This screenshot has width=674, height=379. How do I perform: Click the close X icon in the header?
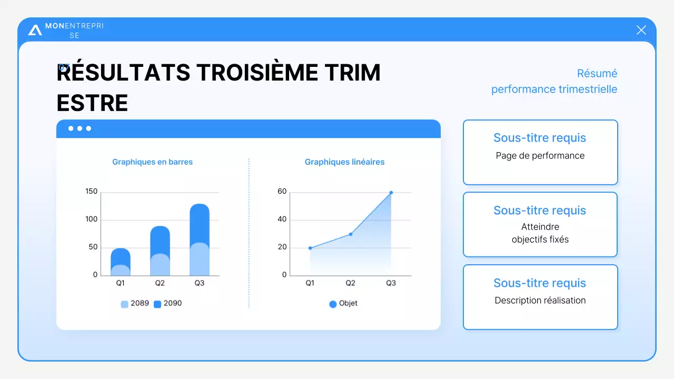pyautogui.click(x=641, y=30)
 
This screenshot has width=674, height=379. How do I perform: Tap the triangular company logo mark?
pyautogui.click(x=35, y=30)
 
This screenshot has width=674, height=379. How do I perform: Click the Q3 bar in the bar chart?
pyautogui.click(x=200, y=240)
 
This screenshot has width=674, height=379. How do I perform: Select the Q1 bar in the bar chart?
pyautogui.click(x=121, y=262)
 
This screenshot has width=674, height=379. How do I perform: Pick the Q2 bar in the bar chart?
pyautogui.click(x=160, y=251)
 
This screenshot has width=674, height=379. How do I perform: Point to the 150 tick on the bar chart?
pyautogui.click(x=92, y=192)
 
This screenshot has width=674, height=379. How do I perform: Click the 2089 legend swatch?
pyautogui.click(x=125, y=304)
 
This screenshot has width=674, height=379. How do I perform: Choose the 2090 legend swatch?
pyautogui.click(x=157, y=304)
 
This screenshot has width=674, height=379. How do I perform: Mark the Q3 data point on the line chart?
pyautogui.click(x=391, y=193)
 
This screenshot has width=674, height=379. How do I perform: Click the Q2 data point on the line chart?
pyautogui.click(x=351, y=234)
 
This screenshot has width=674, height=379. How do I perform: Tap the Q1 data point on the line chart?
pyautogui.click(x=310, y=248)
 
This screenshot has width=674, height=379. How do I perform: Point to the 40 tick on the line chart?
pyautogui.click(x=282, y=220)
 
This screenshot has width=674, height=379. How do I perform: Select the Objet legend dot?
pyautogui.click(x=333, y=304)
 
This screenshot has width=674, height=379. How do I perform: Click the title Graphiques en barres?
pyautogui.click(x=152, y=162)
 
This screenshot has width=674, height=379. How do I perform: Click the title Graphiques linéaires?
pyautogui.click(x=344, y=162)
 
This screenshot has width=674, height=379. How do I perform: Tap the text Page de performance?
pyautogui.click(x=540, y=156)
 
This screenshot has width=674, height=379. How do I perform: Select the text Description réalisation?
pyautogui.click(x=540, y=301)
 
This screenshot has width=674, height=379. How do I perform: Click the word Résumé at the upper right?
pyautogui.click(x=597, y=74)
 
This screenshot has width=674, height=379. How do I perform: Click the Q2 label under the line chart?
pyautogui.click(x=350, y=283)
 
